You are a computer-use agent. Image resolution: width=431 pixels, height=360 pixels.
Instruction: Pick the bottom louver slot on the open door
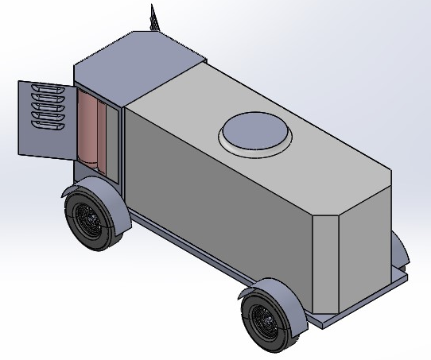[x=47, y=124]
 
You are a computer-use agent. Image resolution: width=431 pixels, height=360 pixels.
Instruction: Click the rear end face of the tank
[x=366, y=238]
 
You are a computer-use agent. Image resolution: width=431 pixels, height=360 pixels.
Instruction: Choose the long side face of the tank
[x=215, y=199]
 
